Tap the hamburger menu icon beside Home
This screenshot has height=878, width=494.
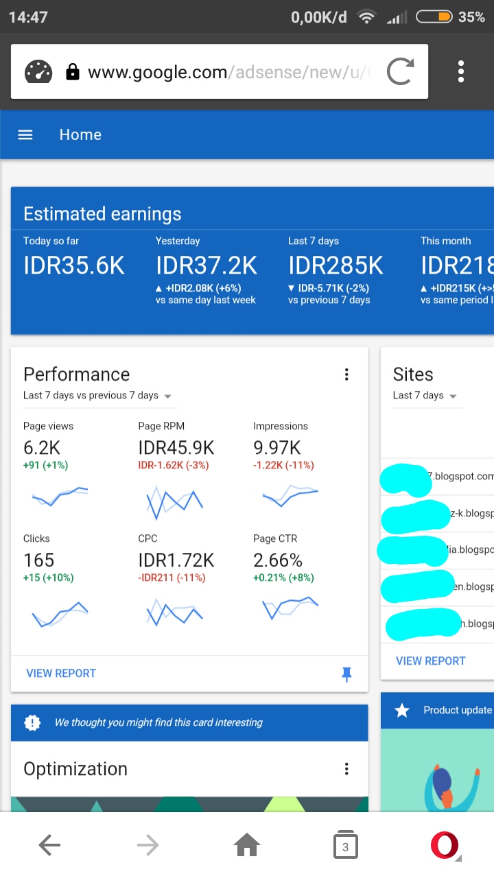25,135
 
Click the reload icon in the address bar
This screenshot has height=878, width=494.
400,71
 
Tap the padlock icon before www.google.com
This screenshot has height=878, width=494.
72,72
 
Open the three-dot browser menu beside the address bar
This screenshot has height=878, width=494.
461,71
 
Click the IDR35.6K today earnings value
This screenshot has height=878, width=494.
74,265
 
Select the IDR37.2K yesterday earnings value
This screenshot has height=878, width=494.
207,265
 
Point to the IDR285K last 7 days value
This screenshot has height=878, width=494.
336,265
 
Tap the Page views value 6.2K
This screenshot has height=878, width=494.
42,448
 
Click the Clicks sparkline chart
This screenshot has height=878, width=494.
60,615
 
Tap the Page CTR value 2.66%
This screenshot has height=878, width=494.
278,560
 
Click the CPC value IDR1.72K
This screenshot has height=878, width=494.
176,560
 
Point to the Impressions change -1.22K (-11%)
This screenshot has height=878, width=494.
283,465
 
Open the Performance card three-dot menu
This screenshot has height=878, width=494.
346,375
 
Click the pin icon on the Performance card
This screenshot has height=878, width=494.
346,674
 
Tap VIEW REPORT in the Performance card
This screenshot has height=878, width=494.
61,673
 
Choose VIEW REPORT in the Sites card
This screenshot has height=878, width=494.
430,661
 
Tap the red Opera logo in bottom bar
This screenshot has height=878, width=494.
444,846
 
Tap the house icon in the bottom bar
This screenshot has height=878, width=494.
247,846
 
